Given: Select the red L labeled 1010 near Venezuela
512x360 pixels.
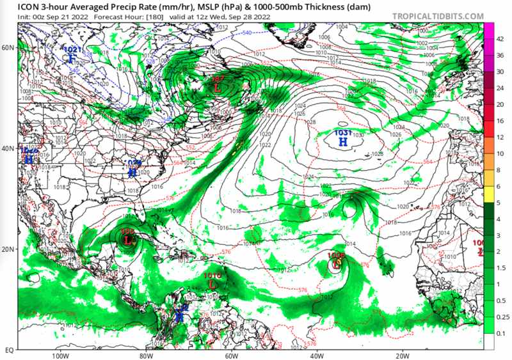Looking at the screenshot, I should tap(212, 283).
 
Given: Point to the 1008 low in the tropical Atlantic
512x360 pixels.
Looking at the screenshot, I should tap(336, 262).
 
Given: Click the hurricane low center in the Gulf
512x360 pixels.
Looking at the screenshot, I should tap(128, 240).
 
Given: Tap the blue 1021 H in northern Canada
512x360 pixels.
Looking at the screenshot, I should tap(72, 59).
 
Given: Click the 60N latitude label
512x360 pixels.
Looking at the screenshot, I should tap(8, 48).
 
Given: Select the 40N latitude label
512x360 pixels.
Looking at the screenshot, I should tap(8, 148).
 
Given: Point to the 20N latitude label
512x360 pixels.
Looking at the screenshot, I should tap(8, 249).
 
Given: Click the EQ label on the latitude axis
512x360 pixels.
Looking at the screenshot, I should tap(9, 350).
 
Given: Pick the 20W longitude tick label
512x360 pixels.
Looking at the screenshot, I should tap(401, 356).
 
